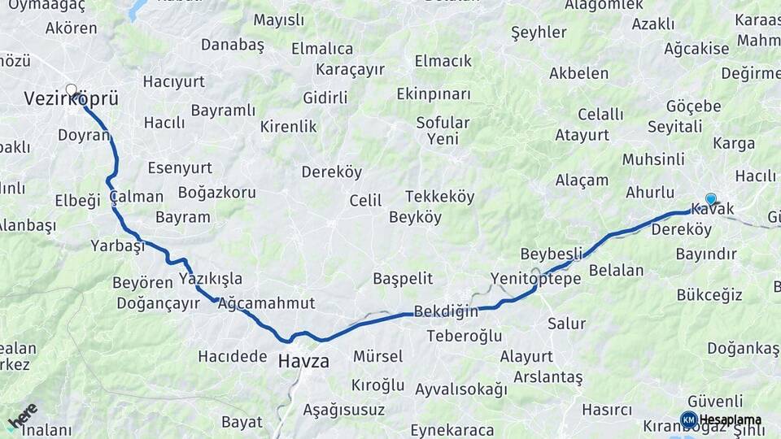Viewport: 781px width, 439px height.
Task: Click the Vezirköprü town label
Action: point(71,99)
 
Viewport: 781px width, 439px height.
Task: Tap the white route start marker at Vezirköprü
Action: point(72,89)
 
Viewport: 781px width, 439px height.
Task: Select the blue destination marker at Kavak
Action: point(711,198)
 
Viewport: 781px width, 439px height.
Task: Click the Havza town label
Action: point(303,361)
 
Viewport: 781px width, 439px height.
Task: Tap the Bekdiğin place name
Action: point(446,311)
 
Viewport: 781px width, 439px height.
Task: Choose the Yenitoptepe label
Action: point(535,279)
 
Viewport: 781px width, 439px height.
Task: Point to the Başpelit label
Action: point(403,278)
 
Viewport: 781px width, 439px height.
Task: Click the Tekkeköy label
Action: point(439,197)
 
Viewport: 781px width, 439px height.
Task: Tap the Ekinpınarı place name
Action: point(434,93)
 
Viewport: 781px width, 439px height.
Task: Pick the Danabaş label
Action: point(233,45)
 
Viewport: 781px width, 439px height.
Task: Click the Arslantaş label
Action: point(548,377)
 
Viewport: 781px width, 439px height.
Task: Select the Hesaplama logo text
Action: point(731,419)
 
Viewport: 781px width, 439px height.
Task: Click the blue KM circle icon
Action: point(688,419)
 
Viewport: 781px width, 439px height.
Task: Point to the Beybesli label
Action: point(552,253)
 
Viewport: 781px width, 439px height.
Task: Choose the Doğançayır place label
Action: point(158,303)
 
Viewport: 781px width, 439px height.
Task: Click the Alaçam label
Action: point(582,180)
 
